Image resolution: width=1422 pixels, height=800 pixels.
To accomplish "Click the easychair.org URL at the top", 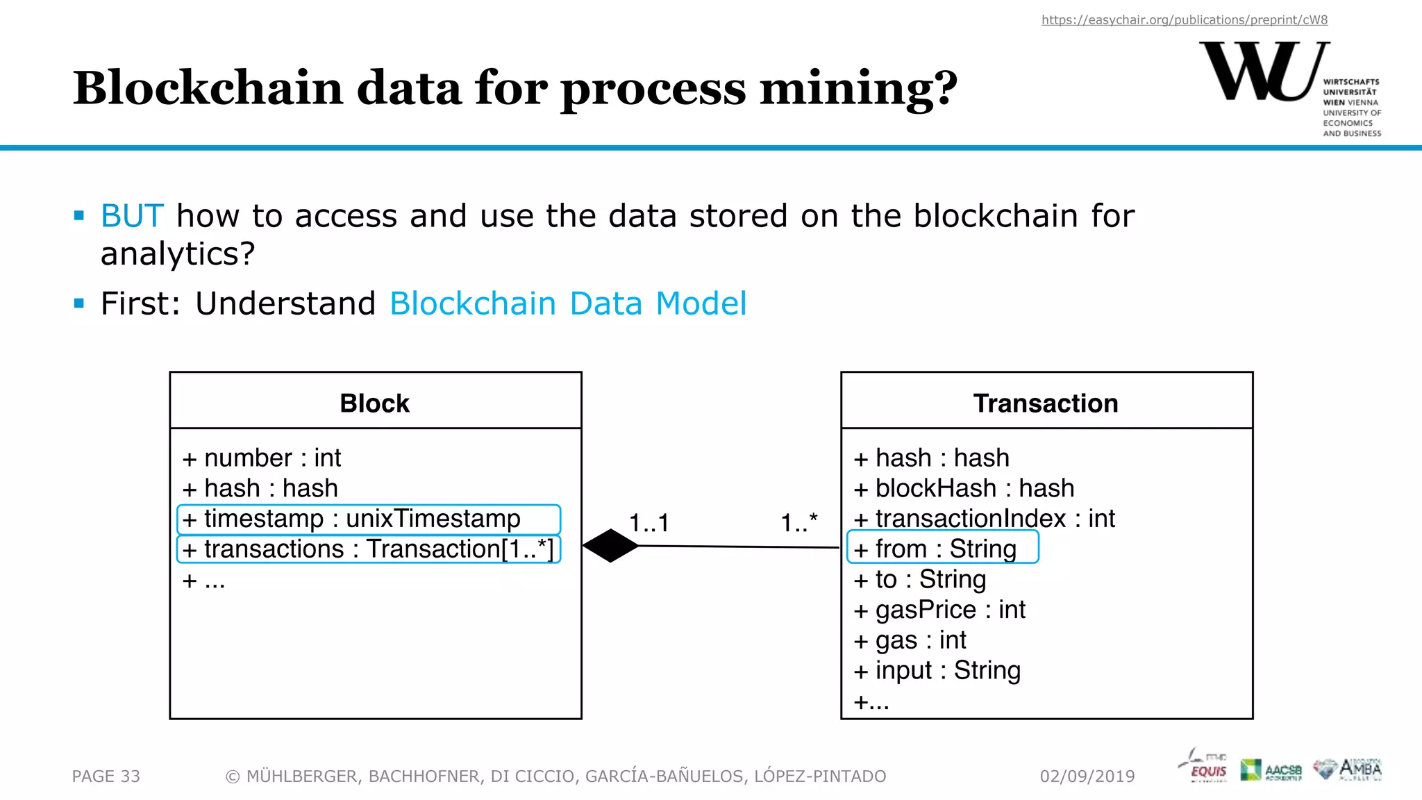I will click(x=1184, y=20).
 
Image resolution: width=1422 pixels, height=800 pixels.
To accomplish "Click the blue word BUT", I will click(x=132, y=216).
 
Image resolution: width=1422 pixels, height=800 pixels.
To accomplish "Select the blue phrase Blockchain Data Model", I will click(x=568, y=303).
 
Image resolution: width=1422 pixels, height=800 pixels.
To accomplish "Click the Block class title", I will click(x=375, y=403).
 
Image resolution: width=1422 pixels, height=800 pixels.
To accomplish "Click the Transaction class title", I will click(x=1046, y=403).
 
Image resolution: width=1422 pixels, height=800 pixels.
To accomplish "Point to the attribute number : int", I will click(x=262, y=458).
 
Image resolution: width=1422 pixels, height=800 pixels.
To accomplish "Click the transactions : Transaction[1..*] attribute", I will click(x=368, y=549).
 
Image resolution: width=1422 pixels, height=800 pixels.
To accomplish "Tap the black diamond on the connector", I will click(x=610, y=546).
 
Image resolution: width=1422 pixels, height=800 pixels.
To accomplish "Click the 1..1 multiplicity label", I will click(x=649, y=523).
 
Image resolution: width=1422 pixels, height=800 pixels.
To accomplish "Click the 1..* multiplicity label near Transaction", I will click(x=799, y=523).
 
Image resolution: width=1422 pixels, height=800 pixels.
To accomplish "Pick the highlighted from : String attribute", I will click(x=942, y=549).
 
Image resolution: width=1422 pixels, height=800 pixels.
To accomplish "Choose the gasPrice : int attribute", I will click(x=939, y=610).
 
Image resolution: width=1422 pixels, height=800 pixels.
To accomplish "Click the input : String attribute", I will click(x=937, y=671).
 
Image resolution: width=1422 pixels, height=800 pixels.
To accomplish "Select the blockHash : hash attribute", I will click(x=964, y=488).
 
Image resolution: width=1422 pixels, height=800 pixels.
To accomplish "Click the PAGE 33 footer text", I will click(x=106, y=776).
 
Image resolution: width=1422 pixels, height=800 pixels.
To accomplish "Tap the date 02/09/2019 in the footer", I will click(x=1087, y=776).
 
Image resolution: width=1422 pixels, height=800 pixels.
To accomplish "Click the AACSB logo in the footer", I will click(x=1271, y=770).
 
